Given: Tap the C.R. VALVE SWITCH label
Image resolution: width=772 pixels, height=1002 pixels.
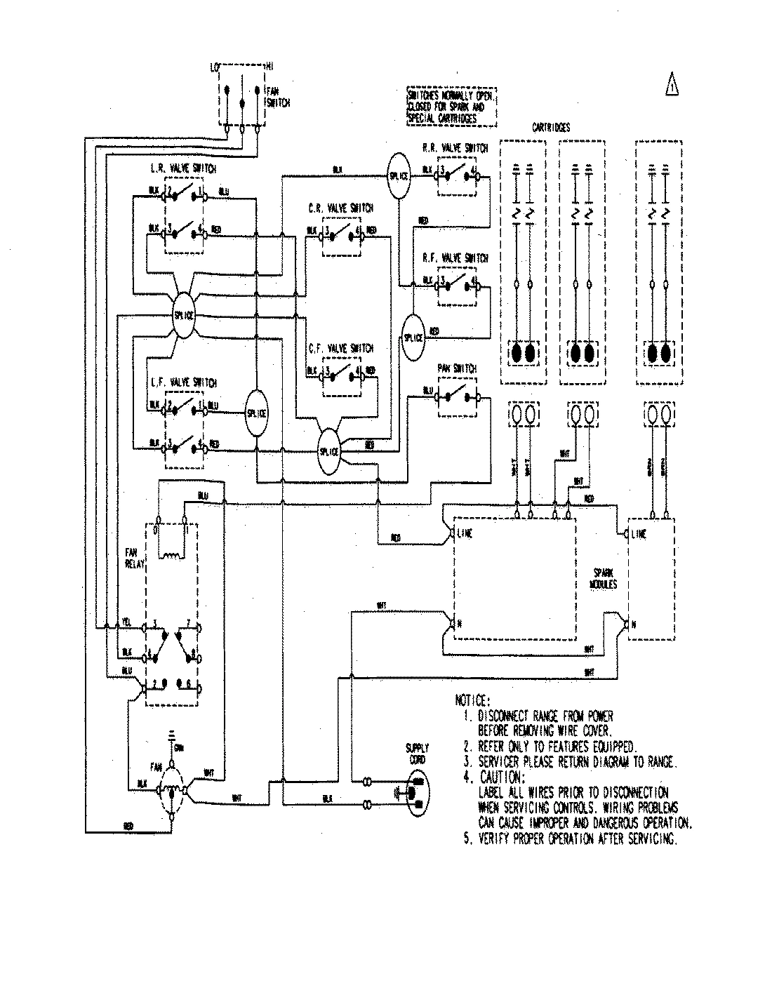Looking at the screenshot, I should pos(341,208).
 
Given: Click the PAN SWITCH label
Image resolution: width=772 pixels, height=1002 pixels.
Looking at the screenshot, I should pos(456,368).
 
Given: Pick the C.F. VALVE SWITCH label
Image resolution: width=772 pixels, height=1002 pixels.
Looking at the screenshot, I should pos(341,348).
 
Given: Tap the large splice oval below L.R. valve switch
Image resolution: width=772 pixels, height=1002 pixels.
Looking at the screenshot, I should pos(183,314).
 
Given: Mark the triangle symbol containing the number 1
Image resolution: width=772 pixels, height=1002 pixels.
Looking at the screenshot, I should pos(672,86).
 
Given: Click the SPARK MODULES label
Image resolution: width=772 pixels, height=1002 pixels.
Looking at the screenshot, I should pos(603,578).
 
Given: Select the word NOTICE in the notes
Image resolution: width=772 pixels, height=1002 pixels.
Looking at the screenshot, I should pos(475,701).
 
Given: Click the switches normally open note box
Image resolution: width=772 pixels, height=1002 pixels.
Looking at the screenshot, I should pos(451,107).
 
